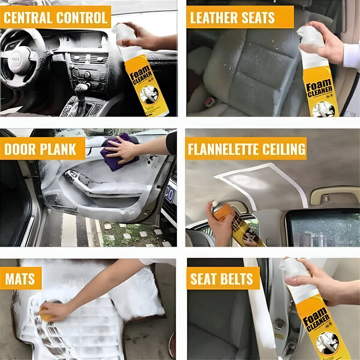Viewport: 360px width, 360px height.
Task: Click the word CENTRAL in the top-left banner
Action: click(28, 17)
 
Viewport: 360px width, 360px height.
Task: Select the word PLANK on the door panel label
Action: click(58, 149)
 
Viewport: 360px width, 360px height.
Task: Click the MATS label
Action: click(20, 279)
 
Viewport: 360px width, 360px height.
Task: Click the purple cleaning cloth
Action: click(119, 152)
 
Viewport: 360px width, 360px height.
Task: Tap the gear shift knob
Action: click(82, 89)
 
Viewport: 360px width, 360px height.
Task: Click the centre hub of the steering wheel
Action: click(17, 60)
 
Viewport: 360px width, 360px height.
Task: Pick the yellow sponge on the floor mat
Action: click(46, 314)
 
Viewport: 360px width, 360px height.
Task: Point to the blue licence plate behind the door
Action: click(170, 194)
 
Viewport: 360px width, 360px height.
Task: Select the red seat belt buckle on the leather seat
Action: click(210, 101)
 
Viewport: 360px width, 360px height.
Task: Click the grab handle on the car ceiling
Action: click(335, 196)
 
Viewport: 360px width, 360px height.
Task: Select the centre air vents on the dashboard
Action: click(89, 58)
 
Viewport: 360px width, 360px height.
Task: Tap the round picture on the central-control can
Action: click(149, 95)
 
